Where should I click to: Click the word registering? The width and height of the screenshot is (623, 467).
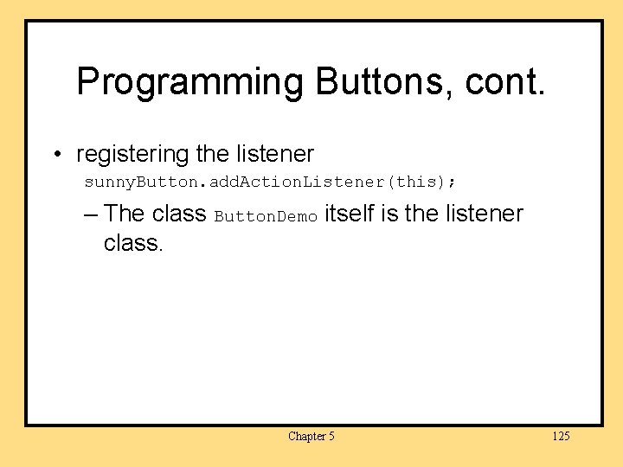point(132,156)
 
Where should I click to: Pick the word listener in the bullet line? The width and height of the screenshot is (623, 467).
point(274,154)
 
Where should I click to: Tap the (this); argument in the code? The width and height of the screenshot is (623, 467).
point(424,183)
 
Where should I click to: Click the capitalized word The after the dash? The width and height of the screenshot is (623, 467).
point(124,213)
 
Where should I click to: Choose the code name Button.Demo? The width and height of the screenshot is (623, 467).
point(266,216)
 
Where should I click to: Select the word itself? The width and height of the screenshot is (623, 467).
point(349,213)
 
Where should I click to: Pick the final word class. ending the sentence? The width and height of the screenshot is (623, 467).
point(132,243)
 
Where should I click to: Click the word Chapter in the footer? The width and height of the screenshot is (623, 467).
point(306,436)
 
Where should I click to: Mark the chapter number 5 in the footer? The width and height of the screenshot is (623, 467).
point(331,436)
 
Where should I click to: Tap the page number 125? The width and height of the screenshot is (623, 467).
point(561,436)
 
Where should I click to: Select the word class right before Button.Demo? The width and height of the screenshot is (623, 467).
point(178,213)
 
